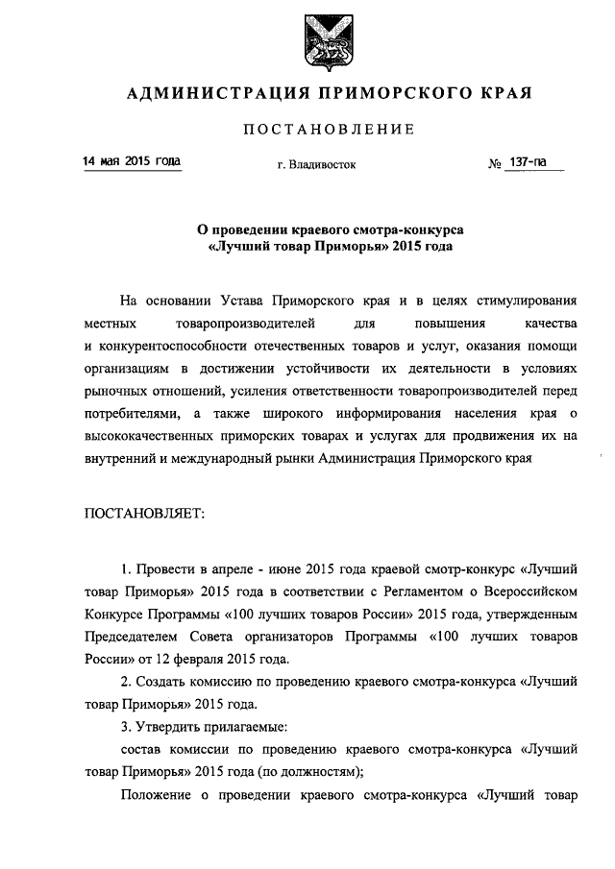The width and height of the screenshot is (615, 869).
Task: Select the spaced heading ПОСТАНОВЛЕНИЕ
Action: (329, 129)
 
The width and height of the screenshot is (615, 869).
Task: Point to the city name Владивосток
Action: (323, 164)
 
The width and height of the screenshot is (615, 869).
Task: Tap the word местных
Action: (110, 322)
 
